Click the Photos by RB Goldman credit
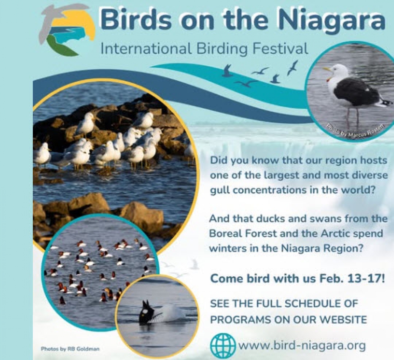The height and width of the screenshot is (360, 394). pos(70,349)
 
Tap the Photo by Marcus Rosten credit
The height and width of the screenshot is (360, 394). pos(356,131)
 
